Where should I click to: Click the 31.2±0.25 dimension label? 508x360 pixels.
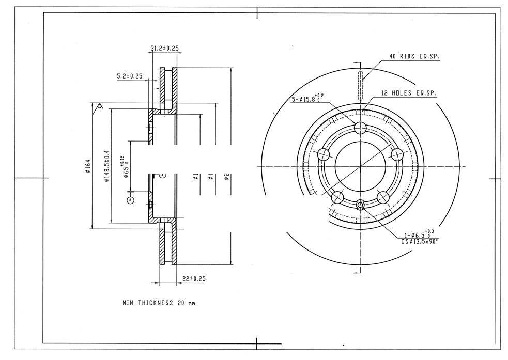(x=164, y=48)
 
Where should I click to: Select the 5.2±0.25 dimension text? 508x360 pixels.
(x=130, y=76)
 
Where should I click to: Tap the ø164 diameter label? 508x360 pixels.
(x=88, y=166)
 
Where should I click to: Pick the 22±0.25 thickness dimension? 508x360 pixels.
(x=194, y=278)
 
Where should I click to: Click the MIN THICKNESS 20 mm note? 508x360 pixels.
(x=159, y=303)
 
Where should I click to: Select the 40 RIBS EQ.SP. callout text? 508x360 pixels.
(x=414, y=56)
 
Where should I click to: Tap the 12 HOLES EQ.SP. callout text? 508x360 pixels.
(x=409, y=93)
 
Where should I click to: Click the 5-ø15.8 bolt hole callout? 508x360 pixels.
(x=307, y=99)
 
